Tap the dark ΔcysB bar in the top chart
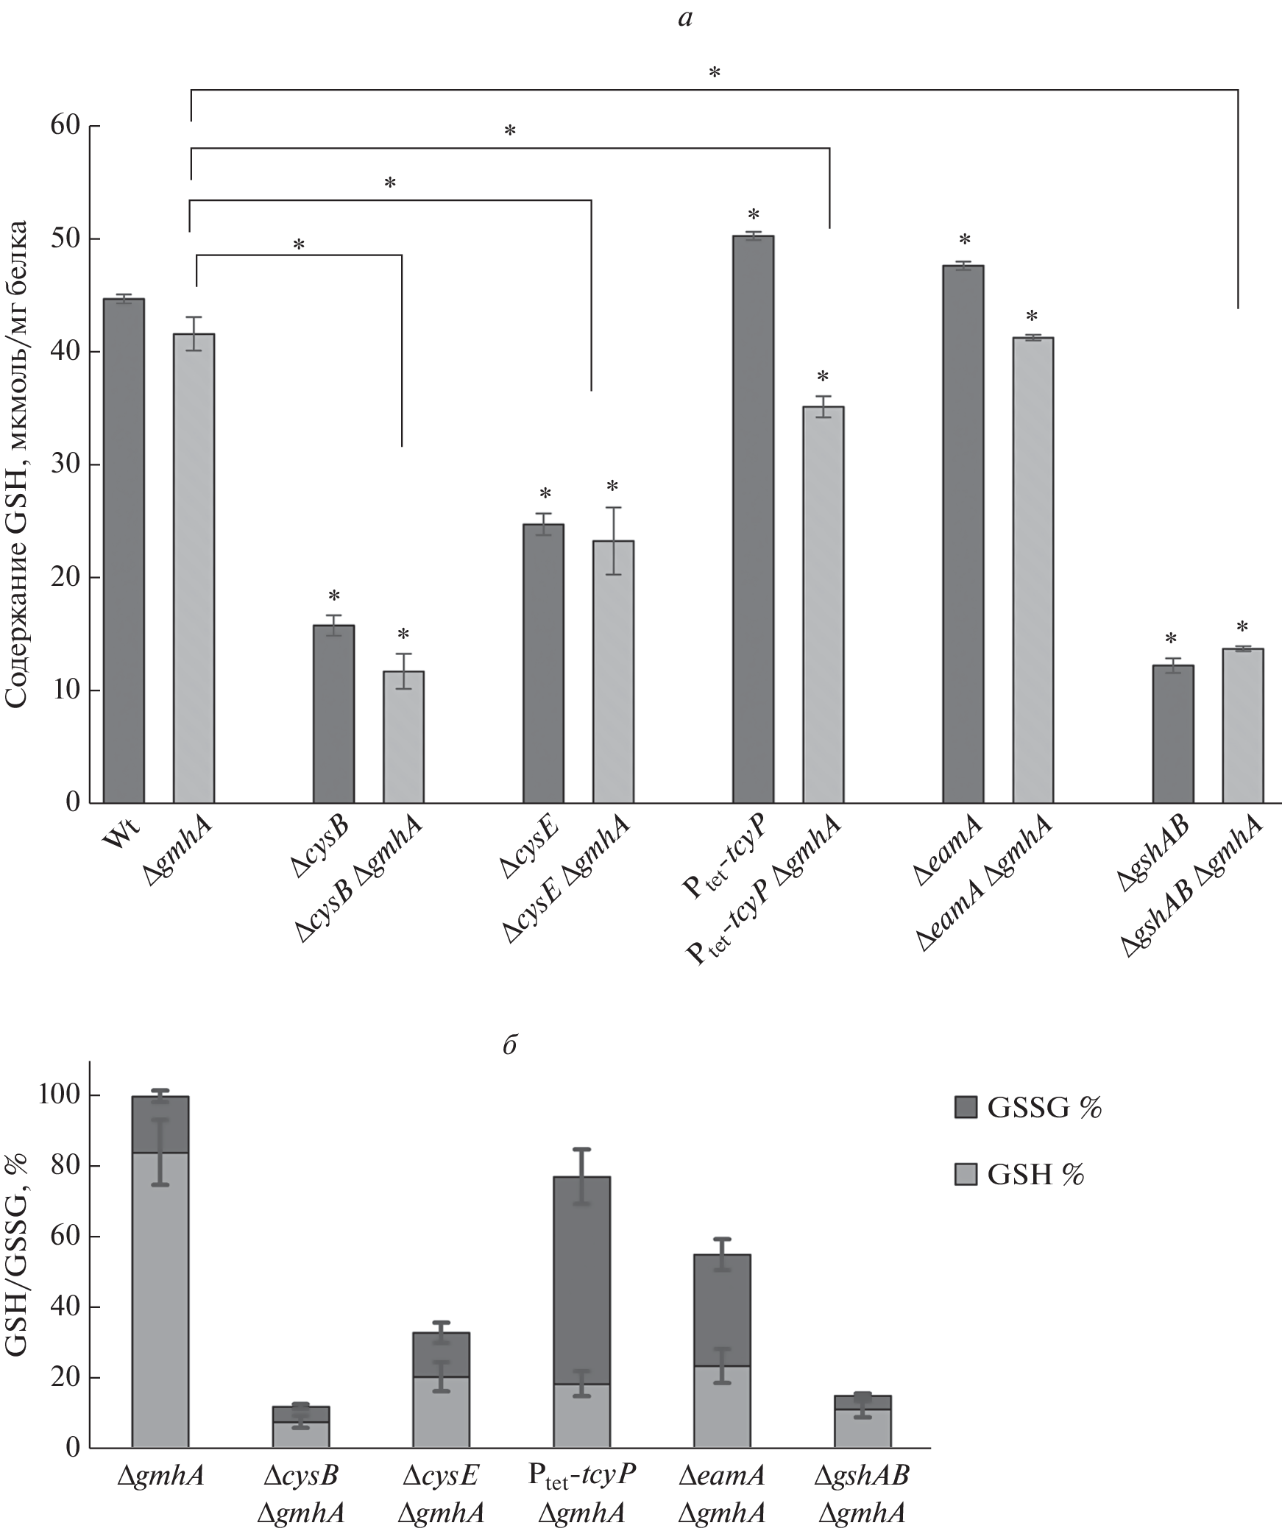point(333,713)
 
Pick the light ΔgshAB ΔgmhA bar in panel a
point(1242,725)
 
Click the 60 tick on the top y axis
point(74,126)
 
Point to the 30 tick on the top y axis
point(74,465)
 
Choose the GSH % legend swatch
point(965,1175)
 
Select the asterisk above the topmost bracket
point(714,73)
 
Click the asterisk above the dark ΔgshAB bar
point(1172,639)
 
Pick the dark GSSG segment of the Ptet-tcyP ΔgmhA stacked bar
point(581,1281)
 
